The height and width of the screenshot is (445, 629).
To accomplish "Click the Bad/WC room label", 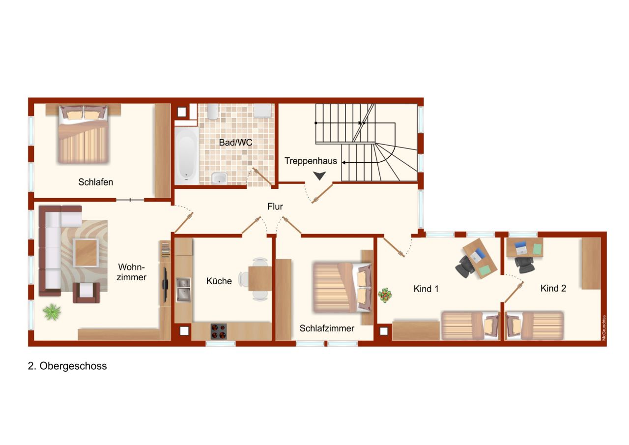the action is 235,143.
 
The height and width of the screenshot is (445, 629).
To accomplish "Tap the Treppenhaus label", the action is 311,161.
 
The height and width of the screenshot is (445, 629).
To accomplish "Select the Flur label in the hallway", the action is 275,207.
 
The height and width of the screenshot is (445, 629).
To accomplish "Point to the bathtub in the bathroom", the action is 186,155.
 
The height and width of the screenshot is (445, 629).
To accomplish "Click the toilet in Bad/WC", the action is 213,112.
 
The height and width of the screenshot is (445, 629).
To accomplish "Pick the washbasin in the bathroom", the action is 219,178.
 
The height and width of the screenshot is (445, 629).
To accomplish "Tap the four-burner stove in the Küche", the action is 219,331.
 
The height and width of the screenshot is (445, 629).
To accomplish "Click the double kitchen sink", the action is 183,290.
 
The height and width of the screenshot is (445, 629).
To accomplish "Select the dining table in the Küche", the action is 260,278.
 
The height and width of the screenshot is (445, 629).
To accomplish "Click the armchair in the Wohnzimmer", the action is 86,293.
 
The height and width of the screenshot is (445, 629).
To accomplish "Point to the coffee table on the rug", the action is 86,253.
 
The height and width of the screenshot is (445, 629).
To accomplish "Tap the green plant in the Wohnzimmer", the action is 52,312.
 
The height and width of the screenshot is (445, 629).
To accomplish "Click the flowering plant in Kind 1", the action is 385,295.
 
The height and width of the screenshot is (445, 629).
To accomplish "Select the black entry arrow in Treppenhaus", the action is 319,176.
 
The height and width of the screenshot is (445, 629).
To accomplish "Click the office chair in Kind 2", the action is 524,265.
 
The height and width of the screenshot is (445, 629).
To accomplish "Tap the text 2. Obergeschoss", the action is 67,366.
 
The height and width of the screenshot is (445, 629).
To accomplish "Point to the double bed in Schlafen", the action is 83,134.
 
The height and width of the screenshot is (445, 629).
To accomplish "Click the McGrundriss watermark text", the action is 604,328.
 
